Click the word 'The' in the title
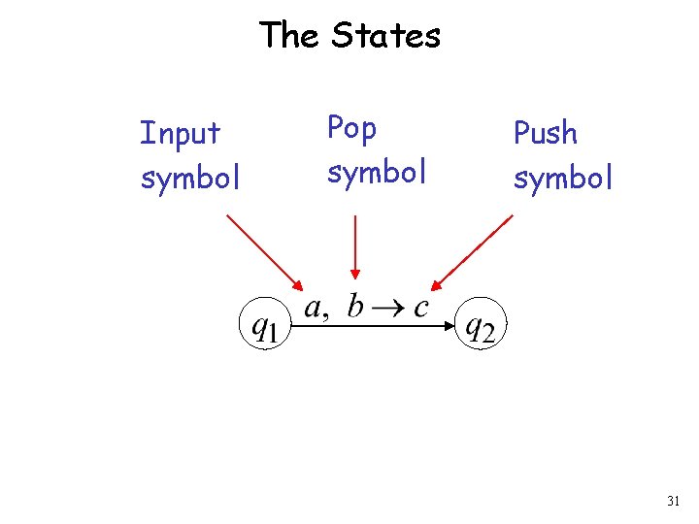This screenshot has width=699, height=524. coord(288,36)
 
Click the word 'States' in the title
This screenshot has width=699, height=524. coord(385,36)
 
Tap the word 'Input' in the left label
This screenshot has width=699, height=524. coord(180,133)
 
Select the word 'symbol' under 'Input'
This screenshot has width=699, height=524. coord(190,179)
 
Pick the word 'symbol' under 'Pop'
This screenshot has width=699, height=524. coord(377,173)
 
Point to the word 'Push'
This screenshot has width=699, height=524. coord(545,133)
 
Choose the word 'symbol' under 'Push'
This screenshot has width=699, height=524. coord(563,179)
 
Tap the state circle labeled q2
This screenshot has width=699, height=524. coord(481,327)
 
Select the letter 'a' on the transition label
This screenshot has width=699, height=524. coord(314,309)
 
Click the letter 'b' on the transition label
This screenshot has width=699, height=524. coord(355,306)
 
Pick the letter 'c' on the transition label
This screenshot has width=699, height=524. coord(420,309)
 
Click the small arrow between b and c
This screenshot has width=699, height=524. coord(388,309)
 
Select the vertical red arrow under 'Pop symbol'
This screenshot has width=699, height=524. coord(356,247)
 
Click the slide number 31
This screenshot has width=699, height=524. coord(673,502)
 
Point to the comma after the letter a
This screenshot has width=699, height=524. coord(327,315)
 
